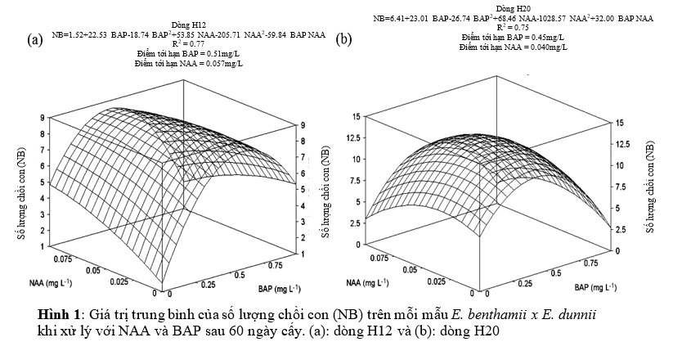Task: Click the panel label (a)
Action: tap(34, 38)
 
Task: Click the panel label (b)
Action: tap(344, 38)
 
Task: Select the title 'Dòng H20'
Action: tap(509, 7)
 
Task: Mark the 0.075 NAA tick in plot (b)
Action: tap(377, 257)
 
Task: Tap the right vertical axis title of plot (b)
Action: tap(650, 187)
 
